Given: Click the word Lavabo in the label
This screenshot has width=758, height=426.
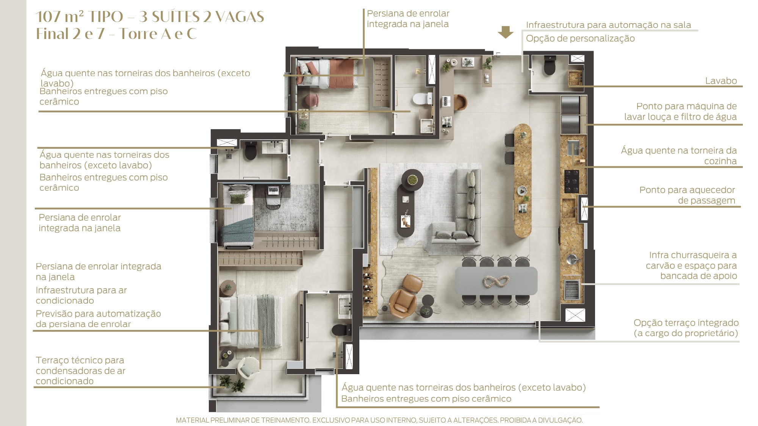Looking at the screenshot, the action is pos(721,81).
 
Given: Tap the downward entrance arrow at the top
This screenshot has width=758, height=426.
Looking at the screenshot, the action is pos(505,32).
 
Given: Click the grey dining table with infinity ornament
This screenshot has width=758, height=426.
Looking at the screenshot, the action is pos(496,281).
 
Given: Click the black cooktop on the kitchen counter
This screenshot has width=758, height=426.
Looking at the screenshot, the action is pos(572,181).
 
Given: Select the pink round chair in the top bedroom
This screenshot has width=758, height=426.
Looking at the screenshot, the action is pos(312,100).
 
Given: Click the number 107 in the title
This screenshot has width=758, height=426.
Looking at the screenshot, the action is pos(49,17).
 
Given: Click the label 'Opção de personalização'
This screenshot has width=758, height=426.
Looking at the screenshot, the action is pos(580,39).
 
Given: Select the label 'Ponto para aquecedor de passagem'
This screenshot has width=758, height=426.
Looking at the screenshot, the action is pos(687,195).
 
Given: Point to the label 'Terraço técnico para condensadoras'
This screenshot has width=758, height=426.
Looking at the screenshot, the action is pos(80,371).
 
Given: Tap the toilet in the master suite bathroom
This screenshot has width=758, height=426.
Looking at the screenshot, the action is pos(339,330).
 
